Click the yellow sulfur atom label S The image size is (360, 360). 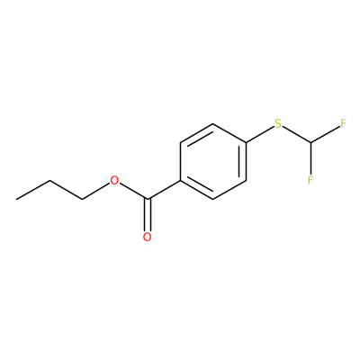[278, 123]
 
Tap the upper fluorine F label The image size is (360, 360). [343, 123]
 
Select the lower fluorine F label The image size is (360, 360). [310, 179]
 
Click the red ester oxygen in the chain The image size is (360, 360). [114, 181]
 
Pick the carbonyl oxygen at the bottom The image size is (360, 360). [147, 237]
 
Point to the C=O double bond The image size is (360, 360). [147, 215]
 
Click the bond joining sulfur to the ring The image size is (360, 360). [260, 135]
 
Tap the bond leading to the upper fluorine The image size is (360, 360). [326, 134]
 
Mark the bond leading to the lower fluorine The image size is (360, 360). [310, 158]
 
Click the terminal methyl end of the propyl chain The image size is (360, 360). [17, 199]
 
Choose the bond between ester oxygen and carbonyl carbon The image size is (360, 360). [133, 191]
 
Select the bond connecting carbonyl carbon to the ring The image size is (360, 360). [164, 190]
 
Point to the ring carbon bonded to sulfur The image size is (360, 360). [246, 142]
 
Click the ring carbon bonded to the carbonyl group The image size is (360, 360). [180, 180]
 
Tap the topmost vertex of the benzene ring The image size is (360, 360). [213, 123]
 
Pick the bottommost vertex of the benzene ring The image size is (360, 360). [213, 199]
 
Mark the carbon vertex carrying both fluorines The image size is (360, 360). [310, 142]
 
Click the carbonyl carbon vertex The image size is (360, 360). [147, 199]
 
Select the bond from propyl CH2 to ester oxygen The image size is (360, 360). [96, 191]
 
